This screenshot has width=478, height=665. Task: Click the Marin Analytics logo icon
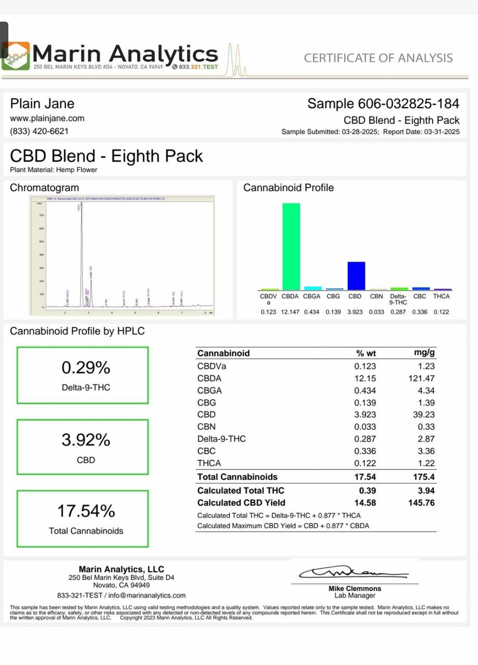(16, 56)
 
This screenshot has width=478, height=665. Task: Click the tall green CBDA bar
(291, 246)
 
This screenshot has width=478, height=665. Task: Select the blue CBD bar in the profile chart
(356, 275)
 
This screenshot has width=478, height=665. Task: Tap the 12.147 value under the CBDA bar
(290, 312)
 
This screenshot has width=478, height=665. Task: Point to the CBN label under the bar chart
(377, 297)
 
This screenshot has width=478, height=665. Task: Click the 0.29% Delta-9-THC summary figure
(86, 368)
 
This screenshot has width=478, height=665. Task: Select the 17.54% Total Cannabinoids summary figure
(86, 511)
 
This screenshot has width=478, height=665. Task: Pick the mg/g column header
(424, 353)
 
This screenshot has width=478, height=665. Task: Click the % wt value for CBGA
(365, 391)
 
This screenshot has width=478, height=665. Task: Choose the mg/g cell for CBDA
(421, 378)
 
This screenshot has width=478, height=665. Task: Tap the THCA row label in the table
(209, 463)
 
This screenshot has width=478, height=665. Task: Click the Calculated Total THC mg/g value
(426, 490)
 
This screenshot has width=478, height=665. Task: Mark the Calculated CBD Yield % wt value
(365, 503)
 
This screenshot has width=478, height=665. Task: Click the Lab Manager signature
(353, 574)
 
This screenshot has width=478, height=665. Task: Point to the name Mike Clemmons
(354, 589)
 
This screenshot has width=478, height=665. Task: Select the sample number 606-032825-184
(383, 104)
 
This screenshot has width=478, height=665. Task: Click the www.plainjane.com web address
(47, 118)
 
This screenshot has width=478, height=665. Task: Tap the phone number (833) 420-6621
(39, 131)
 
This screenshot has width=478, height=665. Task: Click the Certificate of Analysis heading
(378, 58)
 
